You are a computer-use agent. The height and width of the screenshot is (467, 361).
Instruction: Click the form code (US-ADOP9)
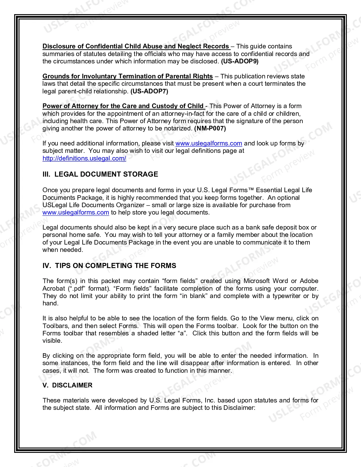point(240,61)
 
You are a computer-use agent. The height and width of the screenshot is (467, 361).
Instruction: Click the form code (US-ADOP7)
point(149,91)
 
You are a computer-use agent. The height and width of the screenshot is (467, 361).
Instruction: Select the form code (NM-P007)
point(210,128)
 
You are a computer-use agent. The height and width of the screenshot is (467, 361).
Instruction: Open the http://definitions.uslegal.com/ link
point(84,158)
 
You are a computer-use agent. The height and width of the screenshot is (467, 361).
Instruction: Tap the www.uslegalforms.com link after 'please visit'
point(209,143)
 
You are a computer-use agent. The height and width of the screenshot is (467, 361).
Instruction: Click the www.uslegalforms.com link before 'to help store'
point(76,213)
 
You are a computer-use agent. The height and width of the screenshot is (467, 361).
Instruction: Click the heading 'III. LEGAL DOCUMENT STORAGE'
point(100,174)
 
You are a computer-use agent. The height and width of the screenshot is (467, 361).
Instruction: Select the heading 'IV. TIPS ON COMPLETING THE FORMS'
point(109,266)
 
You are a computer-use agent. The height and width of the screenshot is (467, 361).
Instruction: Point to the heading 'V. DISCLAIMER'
point(67,385)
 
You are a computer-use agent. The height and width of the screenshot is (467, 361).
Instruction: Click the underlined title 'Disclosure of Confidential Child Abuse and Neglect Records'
point(136,46)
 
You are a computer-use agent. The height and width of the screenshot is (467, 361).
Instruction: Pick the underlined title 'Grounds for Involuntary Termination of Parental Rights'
point(127,76)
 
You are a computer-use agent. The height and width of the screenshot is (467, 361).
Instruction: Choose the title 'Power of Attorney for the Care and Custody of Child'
point(123,106)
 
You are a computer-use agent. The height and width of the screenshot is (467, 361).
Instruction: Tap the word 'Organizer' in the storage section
point(130,205)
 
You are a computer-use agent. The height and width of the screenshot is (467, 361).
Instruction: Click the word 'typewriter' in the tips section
point(287,296)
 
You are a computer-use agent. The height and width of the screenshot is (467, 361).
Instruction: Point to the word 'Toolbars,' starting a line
point(55,326)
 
